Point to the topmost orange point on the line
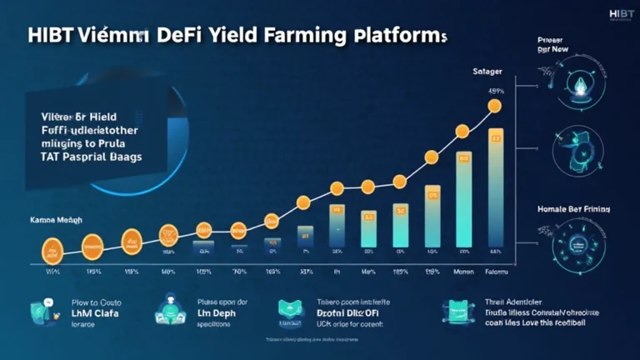click(494, 106)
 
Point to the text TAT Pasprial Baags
click(83, 157)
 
